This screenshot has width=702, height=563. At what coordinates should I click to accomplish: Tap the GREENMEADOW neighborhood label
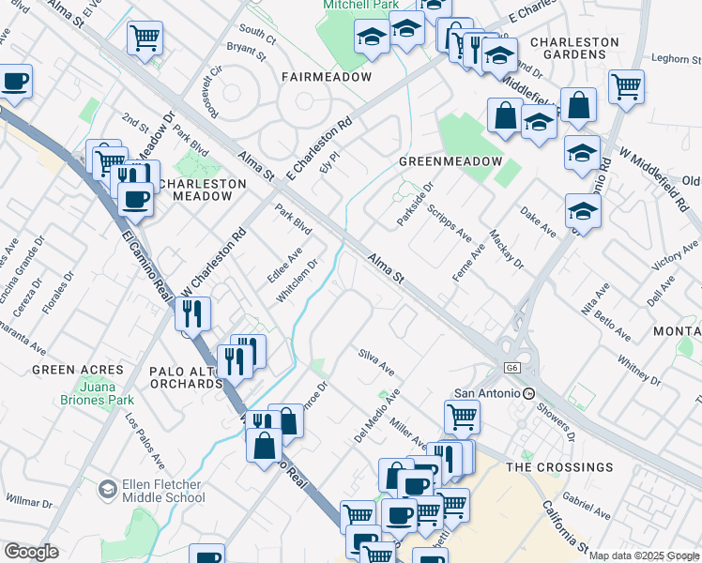450,161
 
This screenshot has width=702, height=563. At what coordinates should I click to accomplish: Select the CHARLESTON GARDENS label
574,49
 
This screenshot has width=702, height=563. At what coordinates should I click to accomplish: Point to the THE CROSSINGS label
559,466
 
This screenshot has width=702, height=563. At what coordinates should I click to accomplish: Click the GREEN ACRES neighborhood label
78,370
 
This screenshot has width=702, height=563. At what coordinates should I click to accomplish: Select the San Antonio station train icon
529,393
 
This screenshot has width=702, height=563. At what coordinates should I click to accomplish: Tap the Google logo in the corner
31,552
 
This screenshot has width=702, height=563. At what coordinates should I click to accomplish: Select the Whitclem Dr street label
298,281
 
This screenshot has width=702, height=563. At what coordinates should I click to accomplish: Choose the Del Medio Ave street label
376,417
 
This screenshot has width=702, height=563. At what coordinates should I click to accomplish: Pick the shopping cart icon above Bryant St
144,38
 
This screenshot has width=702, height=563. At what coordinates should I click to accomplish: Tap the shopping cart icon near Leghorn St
625,86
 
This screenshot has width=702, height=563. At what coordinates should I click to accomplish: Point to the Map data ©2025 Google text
643,555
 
